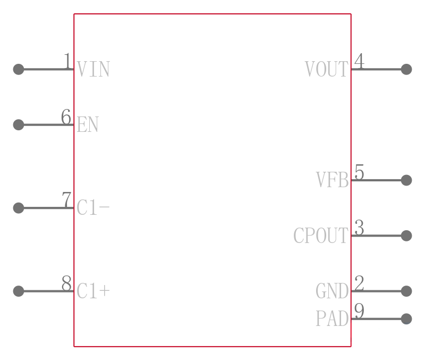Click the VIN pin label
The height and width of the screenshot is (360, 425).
pyautogui.click(x=93, y=69)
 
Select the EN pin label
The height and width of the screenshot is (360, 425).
pyautogui.click(x=88, y=124)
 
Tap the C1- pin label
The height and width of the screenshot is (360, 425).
pyautogui.click(x=93, y=207)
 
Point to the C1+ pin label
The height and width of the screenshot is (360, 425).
pyautogui.click(x=93, y=291)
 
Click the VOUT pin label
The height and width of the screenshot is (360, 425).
pyautogui.click(x=327, y=69)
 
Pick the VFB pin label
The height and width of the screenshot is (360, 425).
pyautogui.click(x=333, y=180)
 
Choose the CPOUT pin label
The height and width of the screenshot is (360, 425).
pyautogui.click(x=321, y=236)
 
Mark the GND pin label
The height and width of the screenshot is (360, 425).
pyautogui.click(x=332, y=291)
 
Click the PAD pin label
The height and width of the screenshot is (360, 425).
pyautogui.click(x=333, y=319)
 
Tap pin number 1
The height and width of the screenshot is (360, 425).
pyautogui.click(x=68, y=61)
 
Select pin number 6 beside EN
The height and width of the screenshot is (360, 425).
pyautogui.click(x=66, y=116)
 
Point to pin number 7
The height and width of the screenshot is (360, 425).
pyautogui.click(x=67, y=199)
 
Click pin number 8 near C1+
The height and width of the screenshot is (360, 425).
pyautogui.click(x=67, y=283)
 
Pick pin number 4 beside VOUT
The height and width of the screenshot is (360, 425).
pyautogui.click(x=360, y=61)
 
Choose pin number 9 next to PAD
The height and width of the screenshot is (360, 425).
pyautogui.click(x=360, y=311)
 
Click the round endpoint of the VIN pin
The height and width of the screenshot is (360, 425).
pyautogui.click(x=19, y=69)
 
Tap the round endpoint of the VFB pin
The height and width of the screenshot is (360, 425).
pyautogui.click(x=406, y=180)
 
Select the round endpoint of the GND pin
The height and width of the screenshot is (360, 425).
pyautogui.click(x=406, y=291)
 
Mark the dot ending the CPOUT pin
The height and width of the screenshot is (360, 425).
pyautogui.click(x=406, y=236)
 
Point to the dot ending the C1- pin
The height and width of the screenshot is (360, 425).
pyautogui.click(x=19, y=208)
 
